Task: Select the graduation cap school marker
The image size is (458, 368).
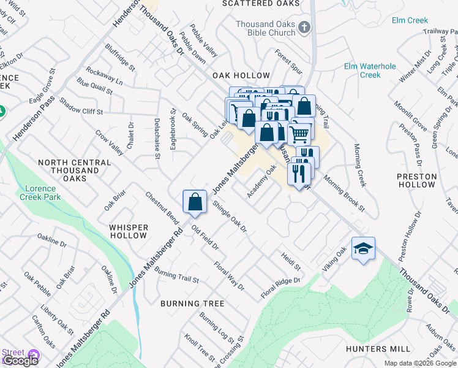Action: tap(363, 248)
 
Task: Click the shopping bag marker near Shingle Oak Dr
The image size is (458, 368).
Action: tap(194, 201)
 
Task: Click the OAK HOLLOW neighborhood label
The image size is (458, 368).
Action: tap(241, 75)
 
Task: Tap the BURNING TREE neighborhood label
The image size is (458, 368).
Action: tap(192, 304)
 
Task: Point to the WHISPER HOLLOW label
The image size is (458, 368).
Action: tap(129, 231)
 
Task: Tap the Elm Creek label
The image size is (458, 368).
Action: tap(410, 20)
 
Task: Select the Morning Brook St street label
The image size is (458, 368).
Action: tap(344, 195)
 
